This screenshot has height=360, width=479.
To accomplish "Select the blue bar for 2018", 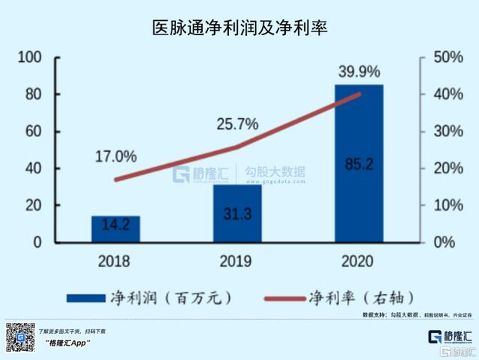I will click(116, 229).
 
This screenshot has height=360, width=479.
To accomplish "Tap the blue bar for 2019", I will click(237, 213).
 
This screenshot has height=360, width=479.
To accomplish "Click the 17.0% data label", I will click(116, 157).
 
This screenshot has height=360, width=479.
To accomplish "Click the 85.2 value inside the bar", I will click(359, 164).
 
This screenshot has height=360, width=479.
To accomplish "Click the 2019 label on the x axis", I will click(237, 261).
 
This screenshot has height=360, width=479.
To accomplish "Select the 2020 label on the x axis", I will click(359, 261).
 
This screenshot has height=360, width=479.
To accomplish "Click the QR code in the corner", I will click(21, 338).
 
